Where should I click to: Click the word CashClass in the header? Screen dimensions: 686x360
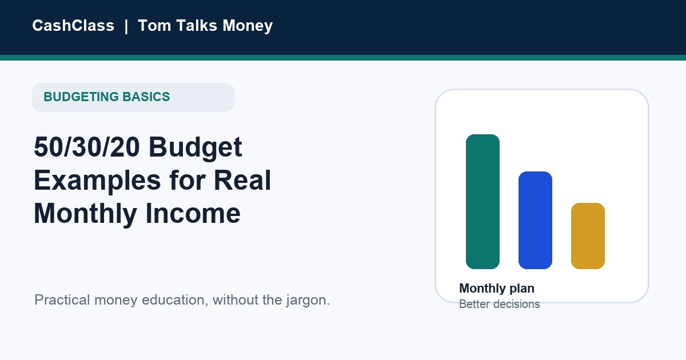point(73,25)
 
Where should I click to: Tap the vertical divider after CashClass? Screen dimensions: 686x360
point(126,26)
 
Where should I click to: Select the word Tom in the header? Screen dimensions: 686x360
point(154,25)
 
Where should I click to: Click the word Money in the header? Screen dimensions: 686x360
point(248,26)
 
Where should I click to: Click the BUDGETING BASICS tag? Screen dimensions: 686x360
point(133,97)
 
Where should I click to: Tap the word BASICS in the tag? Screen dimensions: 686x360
point(146,97)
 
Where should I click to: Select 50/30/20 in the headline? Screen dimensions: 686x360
point(87,147)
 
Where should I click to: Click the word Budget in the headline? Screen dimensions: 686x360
point(196,148)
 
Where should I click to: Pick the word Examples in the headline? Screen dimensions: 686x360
point(97,181)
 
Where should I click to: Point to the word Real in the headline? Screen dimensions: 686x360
point(242,180)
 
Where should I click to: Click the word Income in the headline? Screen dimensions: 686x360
point(193,213)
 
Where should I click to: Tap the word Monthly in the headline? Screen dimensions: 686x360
point(85,214)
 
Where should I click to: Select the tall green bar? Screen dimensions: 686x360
point(482,202)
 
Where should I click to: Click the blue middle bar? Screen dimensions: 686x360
point(535,221)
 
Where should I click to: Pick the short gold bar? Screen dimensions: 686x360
point(588,236)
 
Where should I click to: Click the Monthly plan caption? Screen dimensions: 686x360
point(497,289)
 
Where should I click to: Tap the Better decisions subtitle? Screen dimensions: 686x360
point(500,304)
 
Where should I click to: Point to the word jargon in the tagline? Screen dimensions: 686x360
point(306,301)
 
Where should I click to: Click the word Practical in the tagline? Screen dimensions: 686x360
point(62,300)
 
